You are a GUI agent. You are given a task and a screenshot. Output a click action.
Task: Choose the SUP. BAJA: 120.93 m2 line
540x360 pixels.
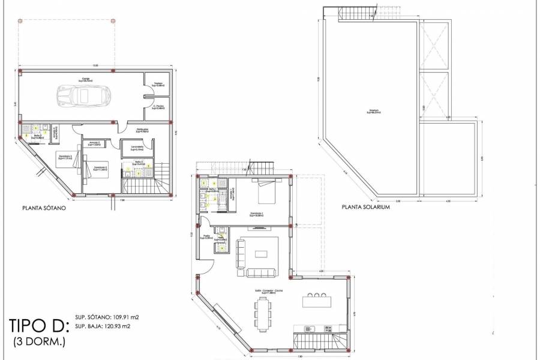tap(103, 326)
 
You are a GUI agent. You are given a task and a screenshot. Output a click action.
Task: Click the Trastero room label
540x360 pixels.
tap(158, 85)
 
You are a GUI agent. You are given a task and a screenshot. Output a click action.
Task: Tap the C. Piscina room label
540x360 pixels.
tap(158, 107)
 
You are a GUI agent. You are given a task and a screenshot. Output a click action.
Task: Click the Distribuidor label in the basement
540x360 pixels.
tap(142, 130)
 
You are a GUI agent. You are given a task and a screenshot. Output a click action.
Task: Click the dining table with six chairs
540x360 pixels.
tap(263, 313)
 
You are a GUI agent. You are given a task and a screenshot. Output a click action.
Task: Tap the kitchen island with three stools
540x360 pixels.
tap(316, 301)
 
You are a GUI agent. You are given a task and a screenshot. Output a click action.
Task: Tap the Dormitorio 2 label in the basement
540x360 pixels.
tap(100, 169)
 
